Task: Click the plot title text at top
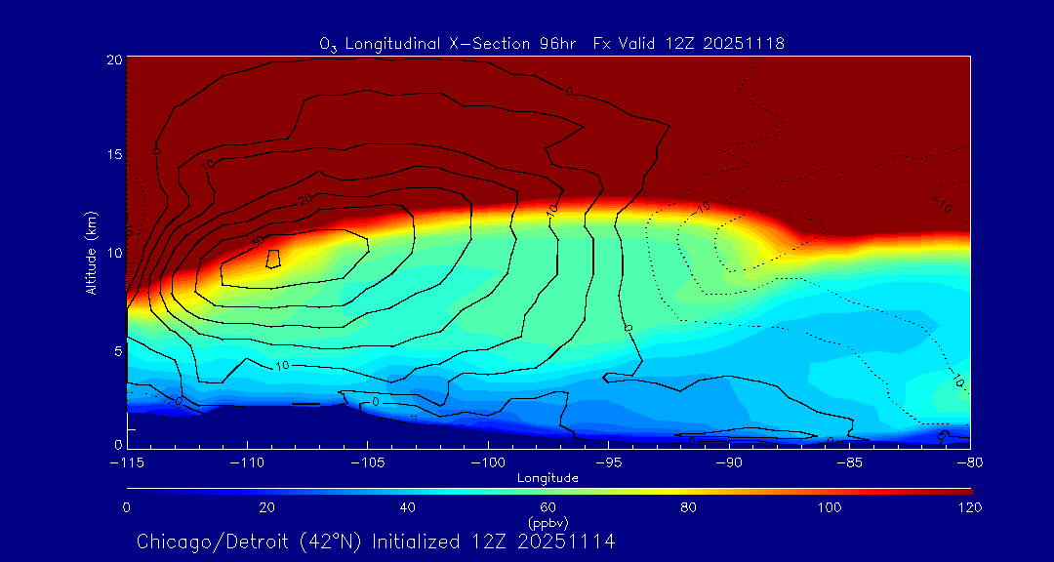click(x=551, y=43)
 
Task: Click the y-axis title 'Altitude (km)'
click(x=91, y=252)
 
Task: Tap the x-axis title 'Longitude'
click(x=548, y=478)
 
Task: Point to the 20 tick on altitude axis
click(x=112, y=60)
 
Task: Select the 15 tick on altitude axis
click(x=112, y=155)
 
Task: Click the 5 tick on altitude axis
click(x=116, y=349)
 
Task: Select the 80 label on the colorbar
click(x=689, y=507)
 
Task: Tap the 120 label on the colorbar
click(x=969, y=507)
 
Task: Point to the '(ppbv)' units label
click(x=548, y=523)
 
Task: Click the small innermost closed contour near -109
click(x=274, y=259)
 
